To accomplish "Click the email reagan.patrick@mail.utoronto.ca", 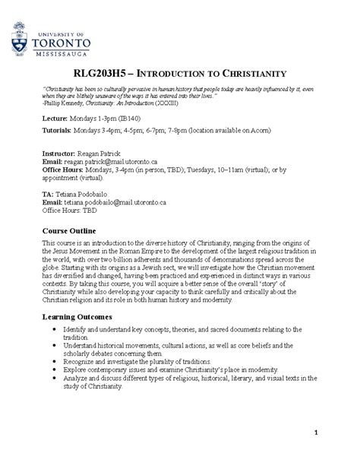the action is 109,162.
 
